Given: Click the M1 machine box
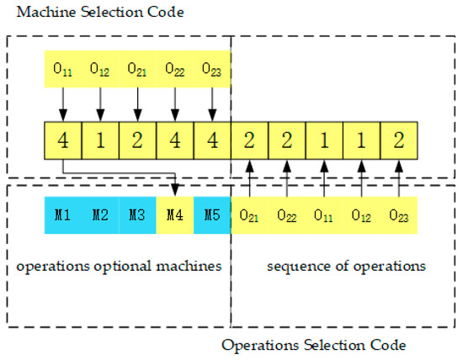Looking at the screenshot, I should click(62, 215).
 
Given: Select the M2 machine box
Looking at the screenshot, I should click(100, 215).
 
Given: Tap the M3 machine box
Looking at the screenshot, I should click(137, 215).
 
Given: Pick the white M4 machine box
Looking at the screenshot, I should click(174, 215).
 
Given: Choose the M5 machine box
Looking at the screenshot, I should click(211, 215).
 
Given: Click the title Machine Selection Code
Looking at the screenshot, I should click(94, 12).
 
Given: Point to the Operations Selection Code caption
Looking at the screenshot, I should click(314, 345).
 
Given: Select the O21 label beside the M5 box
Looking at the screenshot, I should click(249, 215).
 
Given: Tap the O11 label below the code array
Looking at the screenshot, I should click(323, 215).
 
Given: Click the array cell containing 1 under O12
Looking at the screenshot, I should click(100, 140).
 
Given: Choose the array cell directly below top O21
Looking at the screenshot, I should click(137, 140).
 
